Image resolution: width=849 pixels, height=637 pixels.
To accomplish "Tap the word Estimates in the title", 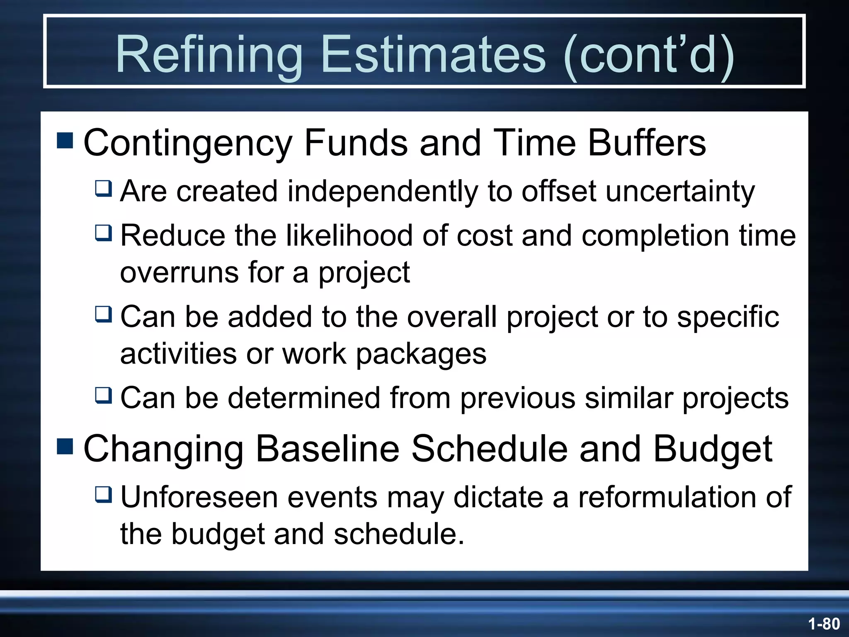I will pyautogui.click(x=433, y=54).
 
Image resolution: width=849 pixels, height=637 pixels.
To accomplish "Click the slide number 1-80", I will pyautogui.click(x=824, y=624).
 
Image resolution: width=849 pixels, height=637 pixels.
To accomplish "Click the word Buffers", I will pyautogui.click(x=647, y=143).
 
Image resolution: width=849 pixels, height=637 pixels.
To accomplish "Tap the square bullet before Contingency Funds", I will pyautogui.click(x=65, y=141).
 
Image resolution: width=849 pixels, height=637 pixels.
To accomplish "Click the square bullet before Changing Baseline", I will pyautogui.click(x=65, y=446).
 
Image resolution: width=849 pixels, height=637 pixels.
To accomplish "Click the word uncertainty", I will pyautogui.click(x=680, y=192).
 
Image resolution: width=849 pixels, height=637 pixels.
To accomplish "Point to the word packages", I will pyautogui.click(x=421, y=355).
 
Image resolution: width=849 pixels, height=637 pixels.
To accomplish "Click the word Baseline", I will pyautogui.click(x=327, y=449).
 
